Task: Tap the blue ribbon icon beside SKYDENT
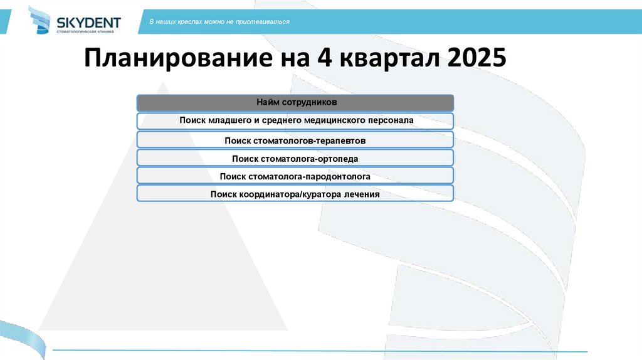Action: pyautogui.click(x=41, y=20)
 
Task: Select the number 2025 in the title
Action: pyautogui.click(x=475, y=60)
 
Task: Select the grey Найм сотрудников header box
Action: pyautogui.click(x=295, y=102)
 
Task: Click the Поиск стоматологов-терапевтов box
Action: pyautogui.click(x=295, y=140)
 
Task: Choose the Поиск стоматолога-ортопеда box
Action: pyautogui.click(x=295, y=159)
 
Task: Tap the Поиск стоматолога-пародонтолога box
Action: pyautogui.click(x=295, y=176)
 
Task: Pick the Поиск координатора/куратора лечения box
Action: pyautogui.click(x=295, y=194)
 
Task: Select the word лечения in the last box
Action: pyautogui.click(x=360, y=194)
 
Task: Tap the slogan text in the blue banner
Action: pyautogui.click(x=219, y=22)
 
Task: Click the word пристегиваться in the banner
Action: pyautogui.click(x=268, y=22)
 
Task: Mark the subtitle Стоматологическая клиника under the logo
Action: pyautogui.click(x=85, y=31)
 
